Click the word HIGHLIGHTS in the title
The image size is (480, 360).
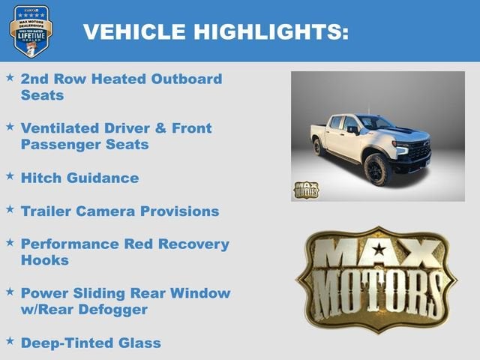(271, 31)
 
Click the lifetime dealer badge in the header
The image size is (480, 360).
(31, 31)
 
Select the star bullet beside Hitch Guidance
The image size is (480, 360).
(10, 175)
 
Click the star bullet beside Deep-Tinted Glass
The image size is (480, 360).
(10, 340)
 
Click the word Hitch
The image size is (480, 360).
(40, 178)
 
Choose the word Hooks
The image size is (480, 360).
(44, 260)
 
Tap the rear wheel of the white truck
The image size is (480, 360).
(318, 146)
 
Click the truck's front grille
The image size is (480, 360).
(419, 151)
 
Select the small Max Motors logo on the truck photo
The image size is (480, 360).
(305, 190)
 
